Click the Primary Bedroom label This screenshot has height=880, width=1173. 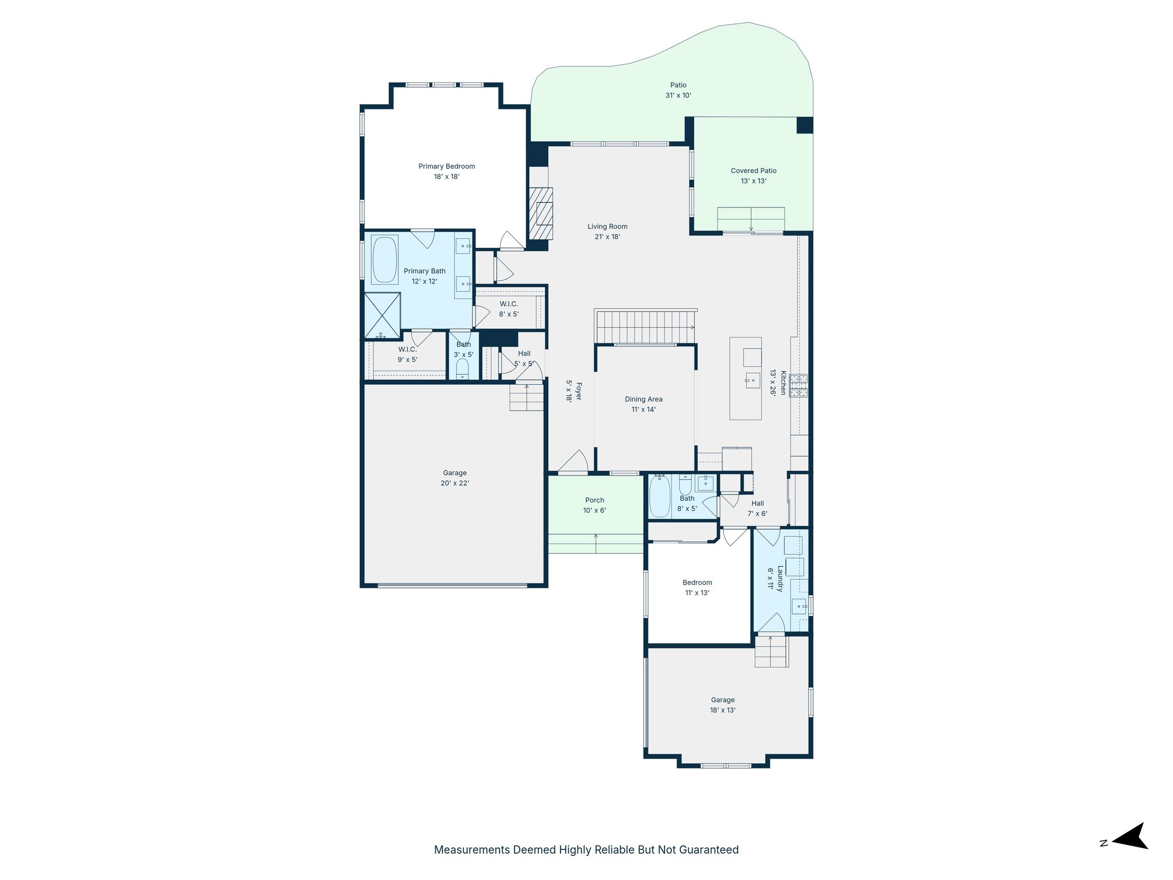pos(446,167)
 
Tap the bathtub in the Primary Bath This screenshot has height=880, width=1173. pos(384,260)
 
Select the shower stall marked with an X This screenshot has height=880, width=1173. pos(382,315)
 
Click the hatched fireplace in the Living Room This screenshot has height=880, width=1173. pos(540,213)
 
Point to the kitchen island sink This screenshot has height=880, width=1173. pos(752,380)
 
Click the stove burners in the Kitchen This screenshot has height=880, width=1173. pos(798,386)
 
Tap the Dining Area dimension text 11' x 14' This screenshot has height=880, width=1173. pos(643,410)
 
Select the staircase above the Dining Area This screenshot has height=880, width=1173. pos(645,327)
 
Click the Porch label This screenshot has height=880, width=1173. pos(595,500)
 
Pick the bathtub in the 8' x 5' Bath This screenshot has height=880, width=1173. pos(660,496)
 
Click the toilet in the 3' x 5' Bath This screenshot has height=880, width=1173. pos(462,368)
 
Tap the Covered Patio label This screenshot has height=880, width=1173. pos(753,171)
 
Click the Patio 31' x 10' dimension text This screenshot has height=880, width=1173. pos(678,96)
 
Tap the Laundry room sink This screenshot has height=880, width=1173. pos(798,606)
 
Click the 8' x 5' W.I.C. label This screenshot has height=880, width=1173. pos(509,304)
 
